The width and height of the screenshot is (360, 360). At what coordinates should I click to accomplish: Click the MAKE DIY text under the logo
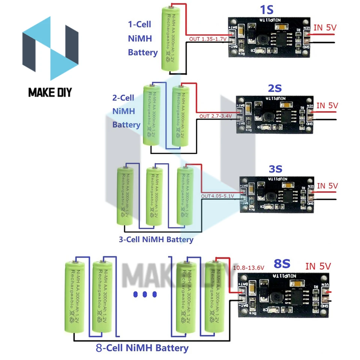pos(50,92)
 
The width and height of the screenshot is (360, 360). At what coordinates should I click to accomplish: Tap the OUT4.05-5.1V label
pos(217,196)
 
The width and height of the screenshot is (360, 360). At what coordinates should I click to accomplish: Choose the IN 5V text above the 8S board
pos(318,266)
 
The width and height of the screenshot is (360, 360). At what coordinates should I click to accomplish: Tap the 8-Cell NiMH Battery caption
pos(142,348)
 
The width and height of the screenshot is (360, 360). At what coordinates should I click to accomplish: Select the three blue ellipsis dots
pos(144,295)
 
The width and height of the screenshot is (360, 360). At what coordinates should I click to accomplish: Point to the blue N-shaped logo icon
pos(50,48)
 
